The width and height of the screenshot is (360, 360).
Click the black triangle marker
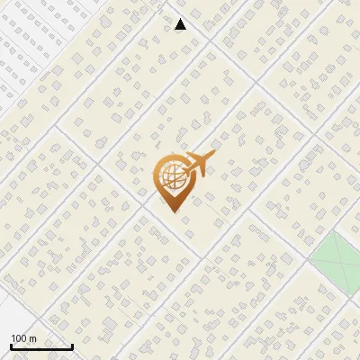click(x=180, y=24)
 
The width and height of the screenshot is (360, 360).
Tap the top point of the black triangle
click(x=180, y=18)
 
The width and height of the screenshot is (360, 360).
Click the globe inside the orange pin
click(x=171, y=175)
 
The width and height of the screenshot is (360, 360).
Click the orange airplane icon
click(x=198, y=165)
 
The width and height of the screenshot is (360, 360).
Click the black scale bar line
click(x=41, y=346)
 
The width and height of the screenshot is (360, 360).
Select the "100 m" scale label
click(x=24, y=338)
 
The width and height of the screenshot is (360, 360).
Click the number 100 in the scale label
click(x=20, y=338)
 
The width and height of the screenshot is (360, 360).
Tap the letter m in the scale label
click(x=33, y=338)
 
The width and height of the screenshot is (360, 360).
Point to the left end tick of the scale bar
click(x=11, y=345)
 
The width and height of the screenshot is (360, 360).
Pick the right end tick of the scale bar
click(x=72, y=345)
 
